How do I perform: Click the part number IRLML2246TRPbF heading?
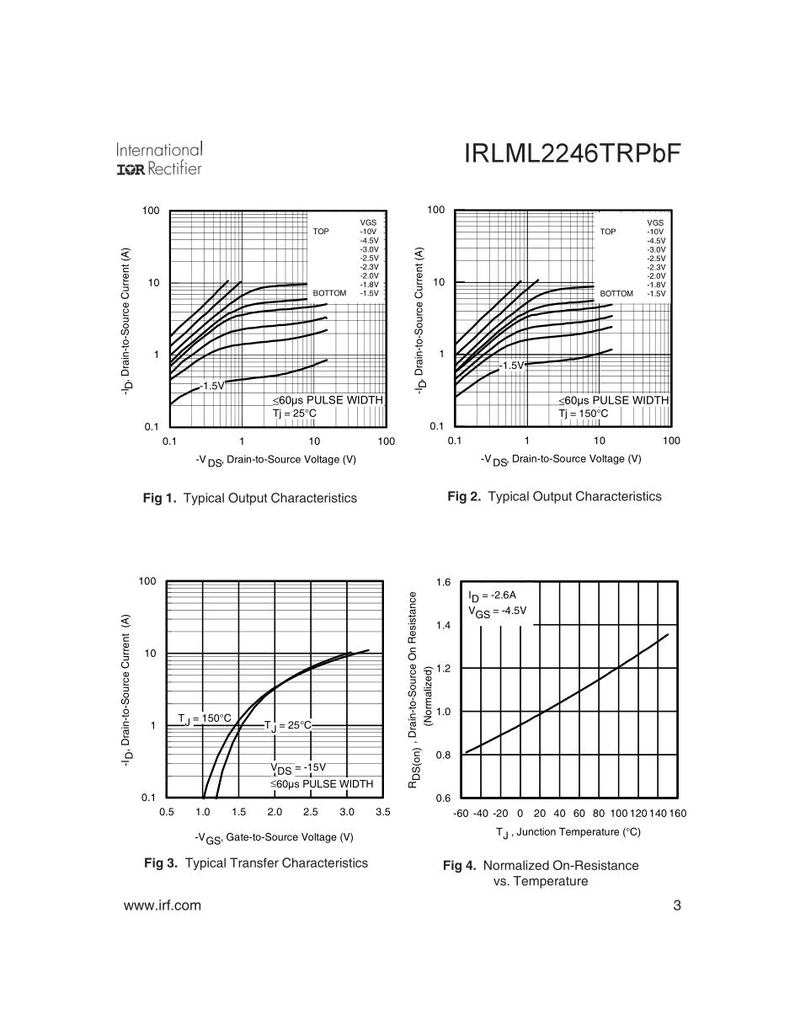coord(572,155)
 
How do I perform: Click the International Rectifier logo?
coord(159,159)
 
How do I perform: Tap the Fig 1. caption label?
coord(160,499)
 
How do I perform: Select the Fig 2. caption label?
coord(464,497)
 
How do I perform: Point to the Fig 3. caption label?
coord(161,863)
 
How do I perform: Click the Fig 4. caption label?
coord(460,866)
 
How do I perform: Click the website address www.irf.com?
coord(163,906)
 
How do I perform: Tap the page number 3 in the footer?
coord(677,906)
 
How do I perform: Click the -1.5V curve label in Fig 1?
coord(212,386)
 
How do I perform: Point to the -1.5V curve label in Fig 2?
coord(511,366)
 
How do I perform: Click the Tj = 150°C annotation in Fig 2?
coord(584,414)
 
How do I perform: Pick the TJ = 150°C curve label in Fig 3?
coord(204,718)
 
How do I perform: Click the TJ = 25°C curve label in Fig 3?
coord(287,725)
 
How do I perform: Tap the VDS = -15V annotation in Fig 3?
coord(298,768)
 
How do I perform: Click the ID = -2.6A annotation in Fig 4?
coord(493,595)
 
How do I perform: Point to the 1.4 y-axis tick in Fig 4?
coord(444,626)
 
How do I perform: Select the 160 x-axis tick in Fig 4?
coord(678,814)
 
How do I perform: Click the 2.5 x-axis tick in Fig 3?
coord(311,813)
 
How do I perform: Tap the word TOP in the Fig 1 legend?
coord(321,231)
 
